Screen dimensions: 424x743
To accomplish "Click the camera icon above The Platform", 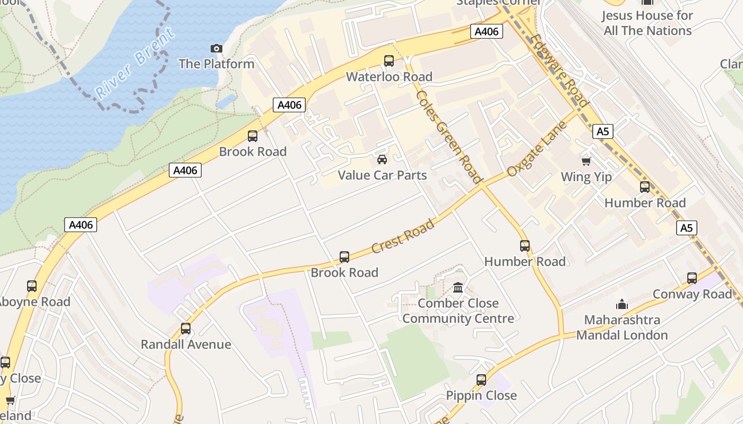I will [x=216, y=49].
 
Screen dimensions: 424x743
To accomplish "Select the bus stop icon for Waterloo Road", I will [x=389, y=61].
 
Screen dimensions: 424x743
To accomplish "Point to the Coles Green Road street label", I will [x=448, y=137].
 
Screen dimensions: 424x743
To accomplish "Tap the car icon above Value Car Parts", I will [x=382, y=160].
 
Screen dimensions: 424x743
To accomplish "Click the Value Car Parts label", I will [x=382, y=175].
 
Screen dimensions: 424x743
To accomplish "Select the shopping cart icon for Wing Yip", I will [x=586, y=161].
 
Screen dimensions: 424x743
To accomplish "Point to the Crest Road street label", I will [x=403, y=236].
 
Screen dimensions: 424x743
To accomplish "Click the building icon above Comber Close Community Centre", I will [x=457, y=288].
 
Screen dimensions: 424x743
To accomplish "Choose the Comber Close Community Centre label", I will [x=458, y=311].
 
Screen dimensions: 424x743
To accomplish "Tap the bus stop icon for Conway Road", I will [x=692, y=278].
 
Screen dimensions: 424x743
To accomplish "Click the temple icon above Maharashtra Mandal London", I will [x=621, y=304].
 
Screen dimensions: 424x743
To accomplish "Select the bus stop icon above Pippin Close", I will [x=481, y=380].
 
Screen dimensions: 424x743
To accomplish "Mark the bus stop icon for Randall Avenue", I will [x=185, y=329].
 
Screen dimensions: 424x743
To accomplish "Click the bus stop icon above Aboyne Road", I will [x=32, y=286].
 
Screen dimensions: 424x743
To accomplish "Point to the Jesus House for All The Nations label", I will [x=647, y=23].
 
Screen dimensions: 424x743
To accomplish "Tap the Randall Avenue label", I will [x=186, y=344].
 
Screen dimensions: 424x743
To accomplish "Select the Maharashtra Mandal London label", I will [x=622, y=328].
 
